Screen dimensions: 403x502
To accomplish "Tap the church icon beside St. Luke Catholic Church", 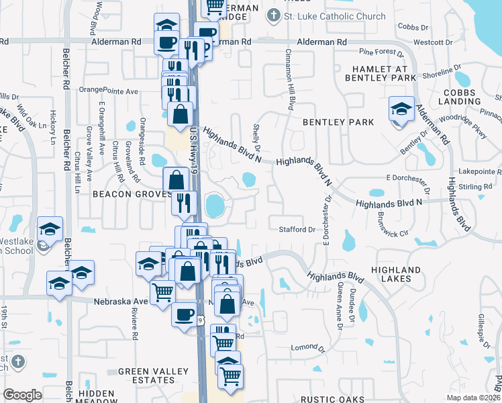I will point(274,15).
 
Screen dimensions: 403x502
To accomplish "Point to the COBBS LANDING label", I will point(459,96).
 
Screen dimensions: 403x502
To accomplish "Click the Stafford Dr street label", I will point(297,230).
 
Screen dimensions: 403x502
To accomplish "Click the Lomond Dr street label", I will point(307,348).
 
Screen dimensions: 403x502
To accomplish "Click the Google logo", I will point(22,395).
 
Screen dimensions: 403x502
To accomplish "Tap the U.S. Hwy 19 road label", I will point(195,141).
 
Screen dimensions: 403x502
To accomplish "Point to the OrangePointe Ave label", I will point(108,90).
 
